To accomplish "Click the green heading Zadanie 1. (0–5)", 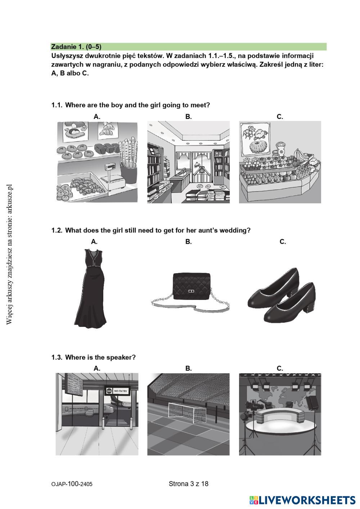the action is click(76, 47).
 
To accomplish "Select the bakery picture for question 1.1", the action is click(97, 162).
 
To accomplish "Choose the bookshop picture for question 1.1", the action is click(188, 162).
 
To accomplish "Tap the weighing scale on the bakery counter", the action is click(113, 178).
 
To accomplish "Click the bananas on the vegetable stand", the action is click(302, 155).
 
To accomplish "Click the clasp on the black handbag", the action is click(191, 292).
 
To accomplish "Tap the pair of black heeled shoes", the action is click(282, 295).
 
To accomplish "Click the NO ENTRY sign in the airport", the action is click(117, 391).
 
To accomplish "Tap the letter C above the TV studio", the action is click(280, 368).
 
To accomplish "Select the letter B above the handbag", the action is click(188, 242).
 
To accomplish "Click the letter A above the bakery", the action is click(97, 117).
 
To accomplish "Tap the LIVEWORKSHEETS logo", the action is click(302, 500).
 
